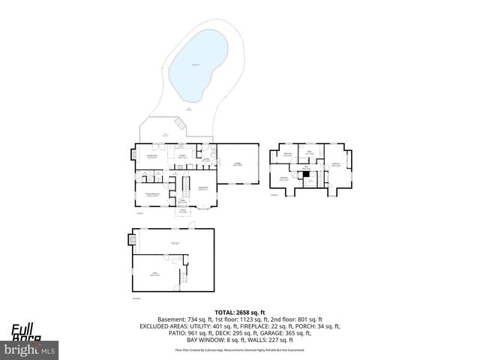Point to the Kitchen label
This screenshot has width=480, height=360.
182,157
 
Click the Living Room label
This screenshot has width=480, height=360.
202,189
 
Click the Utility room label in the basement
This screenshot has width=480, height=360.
154,275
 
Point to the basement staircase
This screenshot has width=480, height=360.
181,278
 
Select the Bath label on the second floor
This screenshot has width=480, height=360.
309,154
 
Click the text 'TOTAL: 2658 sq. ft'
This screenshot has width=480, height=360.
240,312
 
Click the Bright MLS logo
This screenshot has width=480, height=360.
30,349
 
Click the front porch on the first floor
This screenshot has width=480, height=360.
183,211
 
